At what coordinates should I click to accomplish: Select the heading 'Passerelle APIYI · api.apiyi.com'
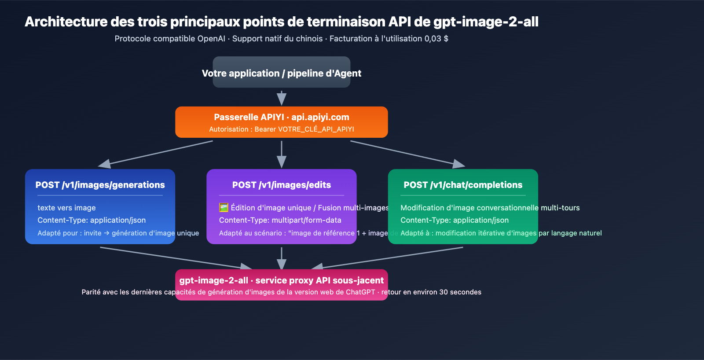[x=282, y=117]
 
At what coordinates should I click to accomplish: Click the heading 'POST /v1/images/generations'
[x=100, y=185]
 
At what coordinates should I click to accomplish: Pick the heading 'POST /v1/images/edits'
[x=282, y=185]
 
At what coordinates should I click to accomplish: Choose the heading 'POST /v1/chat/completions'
[x=463, y=185]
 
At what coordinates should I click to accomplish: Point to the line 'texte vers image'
[x=66, y=208]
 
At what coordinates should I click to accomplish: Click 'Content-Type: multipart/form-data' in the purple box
[x=280, y=220]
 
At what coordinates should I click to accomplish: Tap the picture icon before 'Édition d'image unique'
[x=224, y=207]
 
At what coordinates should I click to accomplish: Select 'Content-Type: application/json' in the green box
[x=455, y=220]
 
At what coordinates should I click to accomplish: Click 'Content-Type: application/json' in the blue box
[x=92, y=220]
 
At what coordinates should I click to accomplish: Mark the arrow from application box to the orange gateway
[x=282, y=98]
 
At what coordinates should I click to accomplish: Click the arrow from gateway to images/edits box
[x=282, y=154]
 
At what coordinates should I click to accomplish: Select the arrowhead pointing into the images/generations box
[x=105, y=164]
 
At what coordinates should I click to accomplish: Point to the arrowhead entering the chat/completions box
[x=458, y=164]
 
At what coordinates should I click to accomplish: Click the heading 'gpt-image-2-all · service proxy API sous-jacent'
[x=282, y=280]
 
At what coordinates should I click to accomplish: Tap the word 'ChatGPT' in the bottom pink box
[x=360, y=292]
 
